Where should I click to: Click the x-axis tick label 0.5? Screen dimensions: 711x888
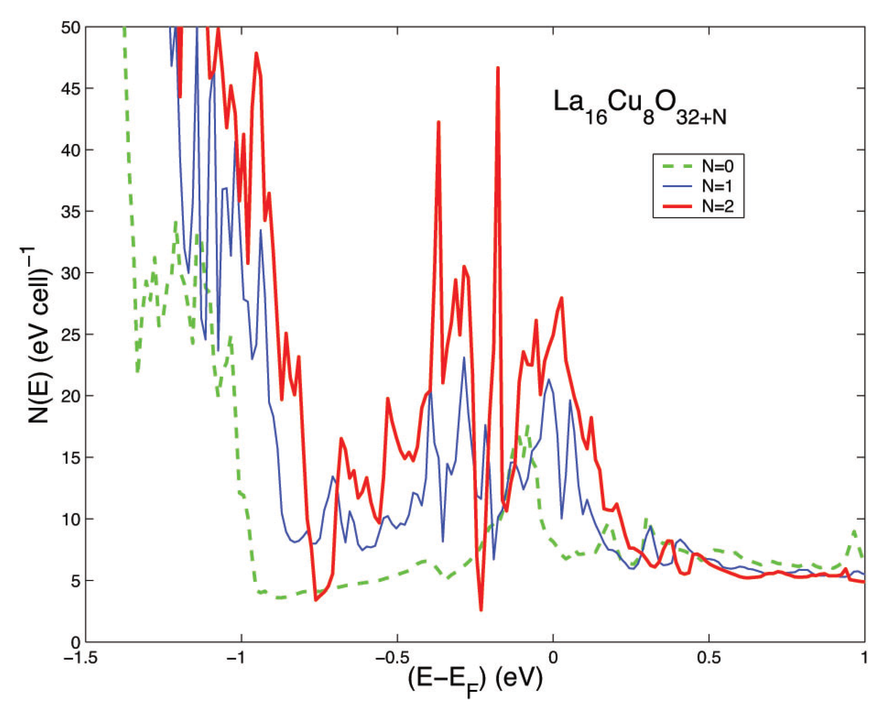709,658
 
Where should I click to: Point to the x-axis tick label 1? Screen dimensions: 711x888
864,658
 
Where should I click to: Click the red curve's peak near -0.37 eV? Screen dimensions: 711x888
439,122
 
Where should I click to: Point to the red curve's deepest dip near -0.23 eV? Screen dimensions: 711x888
481,610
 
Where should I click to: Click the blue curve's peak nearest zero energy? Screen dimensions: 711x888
548,380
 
